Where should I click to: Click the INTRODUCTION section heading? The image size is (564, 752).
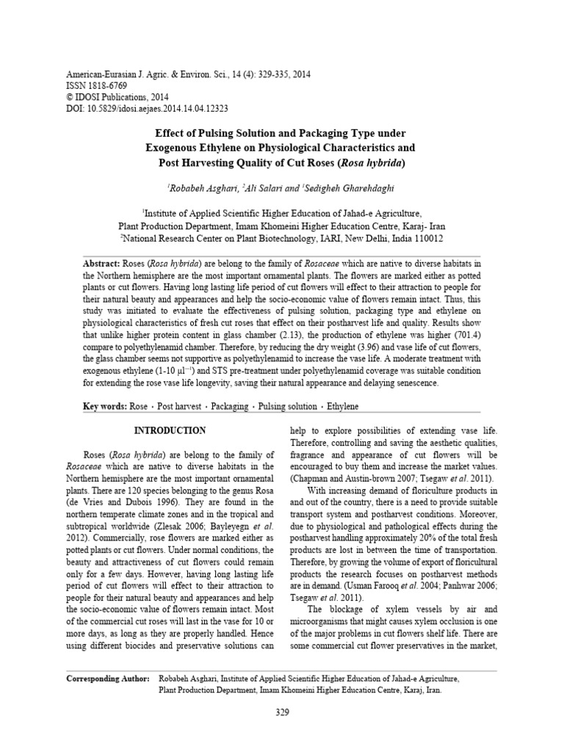(x=170, y=430)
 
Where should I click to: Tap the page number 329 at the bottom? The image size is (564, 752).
(x=283, y=712)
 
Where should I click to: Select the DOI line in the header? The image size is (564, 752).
(x=148, y=107)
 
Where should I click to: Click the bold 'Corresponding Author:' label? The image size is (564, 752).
(x=108, y=679)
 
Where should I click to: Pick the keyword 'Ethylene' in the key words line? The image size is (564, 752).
(x=343, y=406)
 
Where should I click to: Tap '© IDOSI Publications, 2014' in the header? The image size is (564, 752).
(x=117, y=96)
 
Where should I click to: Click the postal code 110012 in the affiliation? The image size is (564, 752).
(x=424, y=239)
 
